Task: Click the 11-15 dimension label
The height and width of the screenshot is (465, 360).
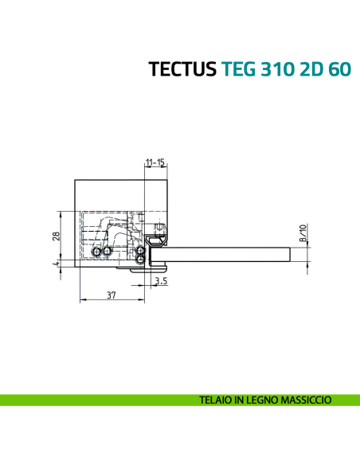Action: click(155, 162)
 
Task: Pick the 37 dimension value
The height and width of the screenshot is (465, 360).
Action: click(112, 295)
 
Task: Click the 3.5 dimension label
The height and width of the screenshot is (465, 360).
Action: click(160, 280)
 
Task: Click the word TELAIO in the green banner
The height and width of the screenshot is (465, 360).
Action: click(218, 400)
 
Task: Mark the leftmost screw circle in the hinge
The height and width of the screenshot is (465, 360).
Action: click(96, 252)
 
